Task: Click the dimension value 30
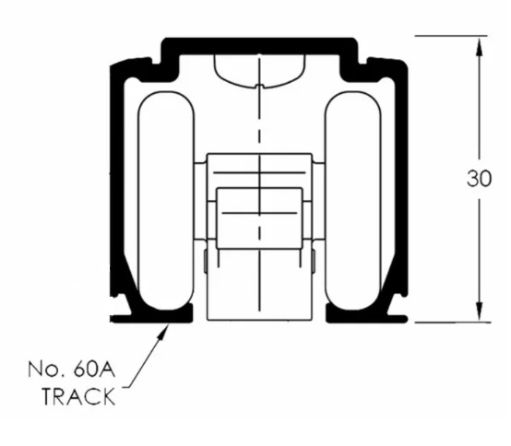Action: tap(479, 179)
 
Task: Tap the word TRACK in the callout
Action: tap(79, 396)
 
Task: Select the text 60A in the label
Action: tap(94, 370)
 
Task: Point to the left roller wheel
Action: tap(166, 201)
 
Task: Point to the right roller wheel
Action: tap(353, 201)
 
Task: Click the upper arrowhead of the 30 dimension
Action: tap(479, 48)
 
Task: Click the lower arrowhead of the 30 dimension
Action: tap(479, 311)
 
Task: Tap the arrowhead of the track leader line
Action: tap(164, 331)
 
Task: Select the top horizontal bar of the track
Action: tap(260, 46)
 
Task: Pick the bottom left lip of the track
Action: tap(152, 315)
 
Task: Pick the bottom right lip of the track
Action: tap(367, 315)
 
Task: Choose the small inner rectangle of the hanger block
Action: tap(259, 218)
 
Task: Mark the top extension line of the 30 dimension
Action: tap(451, 36)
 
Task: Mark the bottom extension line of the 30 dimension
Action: tap(452, 323)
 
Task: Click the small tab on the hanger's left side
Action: tap(206, 261)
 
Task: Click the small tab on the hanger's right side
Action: tap(314, 261)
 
